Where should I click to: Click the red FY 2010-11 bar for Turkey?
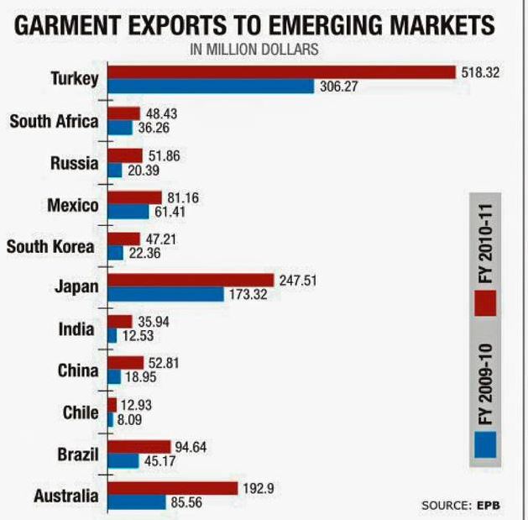[281, 72]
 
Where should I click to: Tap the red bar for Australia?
[173, 488]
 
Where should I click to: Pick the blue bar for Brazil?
[123, 461]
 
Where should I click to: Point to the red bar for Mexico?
[134, 197]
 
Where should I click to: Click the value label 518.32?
[481, 73]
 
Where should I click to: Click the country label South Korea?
[50, 247]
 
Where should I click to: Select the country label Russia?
[74, 164]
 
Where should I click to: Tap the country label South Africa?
[54, 122]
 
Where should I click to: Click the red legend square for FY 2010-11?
[484, 302]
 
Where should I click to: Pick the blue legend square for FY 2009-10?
[484, 444]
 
